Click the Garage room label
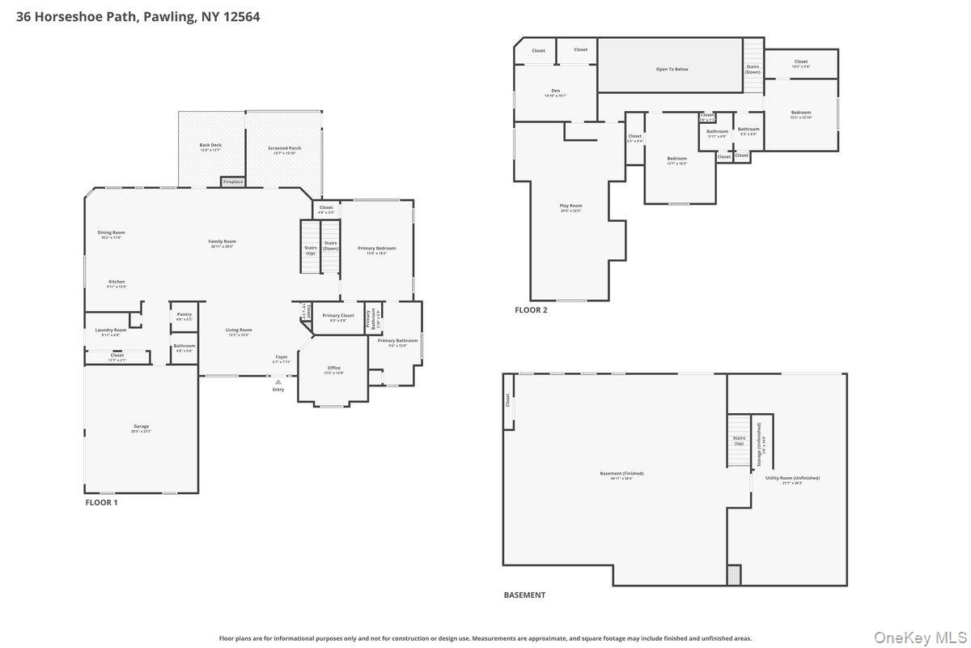142,427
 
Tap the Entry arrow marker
278,382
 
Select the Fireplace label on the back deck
233,182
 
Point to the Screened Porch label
284,148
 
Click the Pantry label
184,314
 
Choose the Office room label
334,368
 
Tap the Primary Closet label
338,316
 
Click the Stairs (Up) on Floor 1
310,249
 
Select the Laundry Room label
110,330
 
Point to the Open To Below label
672,69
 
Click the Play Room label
570,206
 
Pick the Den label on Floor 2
555,91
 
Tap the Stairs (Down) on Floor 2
753,68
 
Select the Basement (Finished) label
621,474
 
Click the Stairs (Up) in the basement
739,441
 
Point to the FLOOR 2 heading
531,309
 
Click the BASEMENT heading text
524,595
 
